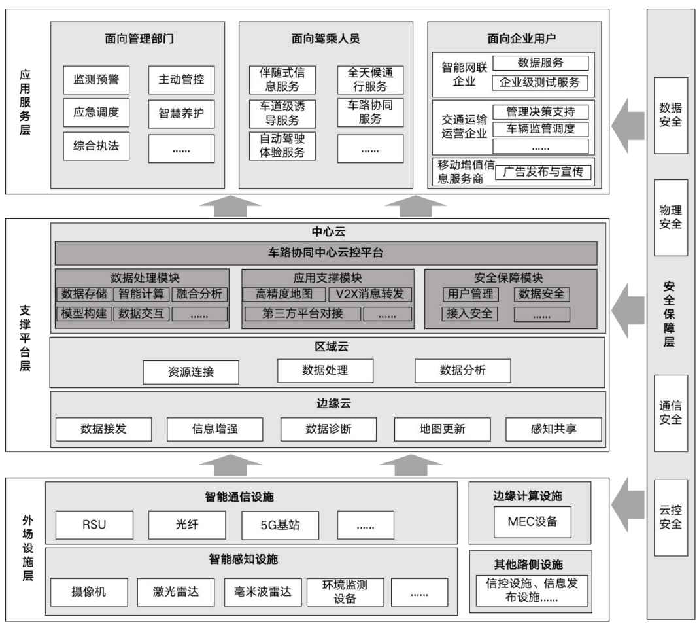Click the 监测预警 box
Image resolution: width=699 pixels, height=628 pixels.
point(96,80)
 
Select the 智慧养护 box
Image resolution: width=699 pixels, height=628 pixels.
point(181,113)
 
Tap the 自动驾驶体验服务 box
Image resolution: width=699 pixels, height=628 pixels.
point(282,146)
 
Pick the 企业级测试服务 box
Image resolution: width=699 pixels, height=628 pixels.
point(540,82)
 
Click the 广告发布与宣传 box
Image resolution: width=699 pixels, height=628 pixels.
point(543,171)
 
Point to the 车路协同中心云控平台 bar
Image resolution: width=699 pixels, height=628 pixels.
point(326,253)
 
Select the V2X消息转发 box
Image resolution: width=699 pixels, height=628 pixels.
point(370,294)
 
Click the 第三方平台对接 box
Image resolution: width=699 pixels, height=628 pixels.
point(303,313)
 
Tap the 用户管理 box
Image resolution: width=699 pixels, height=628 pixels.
point(470,294)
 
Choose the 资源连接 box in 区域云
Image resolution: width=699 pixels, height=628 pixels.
point(191,372)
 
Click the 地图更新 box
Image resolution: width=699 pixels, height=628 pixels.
point(442,429)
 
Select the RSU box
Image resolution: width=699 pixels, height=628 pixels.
point(94,525)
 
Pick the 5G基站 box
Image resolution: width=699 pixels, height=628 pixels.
point(280,525)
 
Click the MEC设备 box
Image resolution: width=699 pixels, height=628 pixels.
point(532,522)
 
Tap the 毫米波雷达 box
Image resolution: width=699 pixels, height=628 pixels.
point(263,592)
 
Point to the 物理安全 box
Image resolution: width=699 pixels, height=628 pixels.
point(670,218)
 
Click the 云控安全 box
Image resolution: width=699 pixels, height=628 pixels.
point(670,518)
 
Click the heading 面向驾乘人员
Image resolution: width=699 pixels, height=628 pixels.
point(326,39)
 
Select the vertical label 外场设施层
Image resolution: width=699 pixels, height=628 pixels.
point(27,548)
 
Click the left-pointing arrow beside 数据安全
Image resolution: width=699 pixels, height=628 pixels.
point(628,126)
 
